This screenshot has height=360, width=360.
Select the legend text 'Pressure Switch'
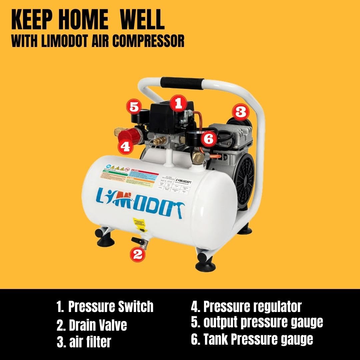point(111,307)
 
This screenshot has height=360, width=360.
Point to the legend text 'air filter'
point(89,342)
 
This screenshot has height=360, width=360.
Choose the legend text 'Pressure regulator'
point(252,307)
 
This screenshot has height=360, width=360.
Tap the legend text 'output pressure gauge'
point(263,322)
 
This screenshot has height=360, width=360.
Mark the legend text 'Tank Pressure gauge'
point(258,339)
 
